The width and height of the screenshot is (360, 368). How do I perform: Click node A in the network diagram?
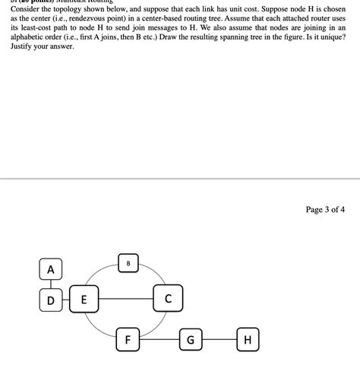[51, 269]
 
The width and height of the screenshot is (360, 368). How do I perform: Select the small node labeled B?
[128, 264]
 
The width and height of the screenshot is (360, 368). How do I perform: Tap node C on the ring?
[168, 298]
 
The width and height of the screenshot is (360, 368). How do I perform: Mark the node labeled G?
[191, 339]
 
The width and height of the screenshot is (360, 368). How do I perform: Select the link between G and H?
[219, 339]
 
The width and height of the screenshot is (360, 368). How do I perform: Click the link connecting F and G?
[159, 339]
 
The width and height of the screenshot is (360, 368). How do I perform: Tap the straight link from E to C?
[125, 299]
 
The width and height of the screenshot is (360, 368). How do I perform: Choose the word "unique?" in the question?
[331, 37]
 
